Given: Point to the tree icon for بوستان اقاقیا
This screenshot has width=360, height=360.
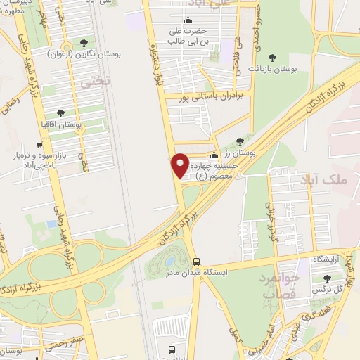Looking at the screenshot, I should [60, 112].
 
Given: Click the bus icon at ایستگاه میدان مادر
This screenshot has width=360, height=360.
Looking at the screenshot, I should [196, 260].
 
